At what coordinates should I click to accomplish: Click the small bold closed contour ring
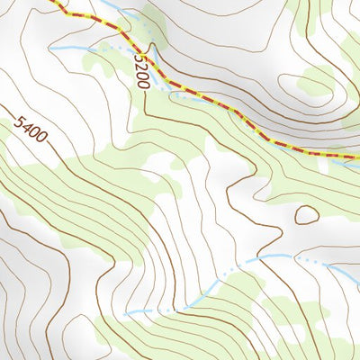pos(306,214)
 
